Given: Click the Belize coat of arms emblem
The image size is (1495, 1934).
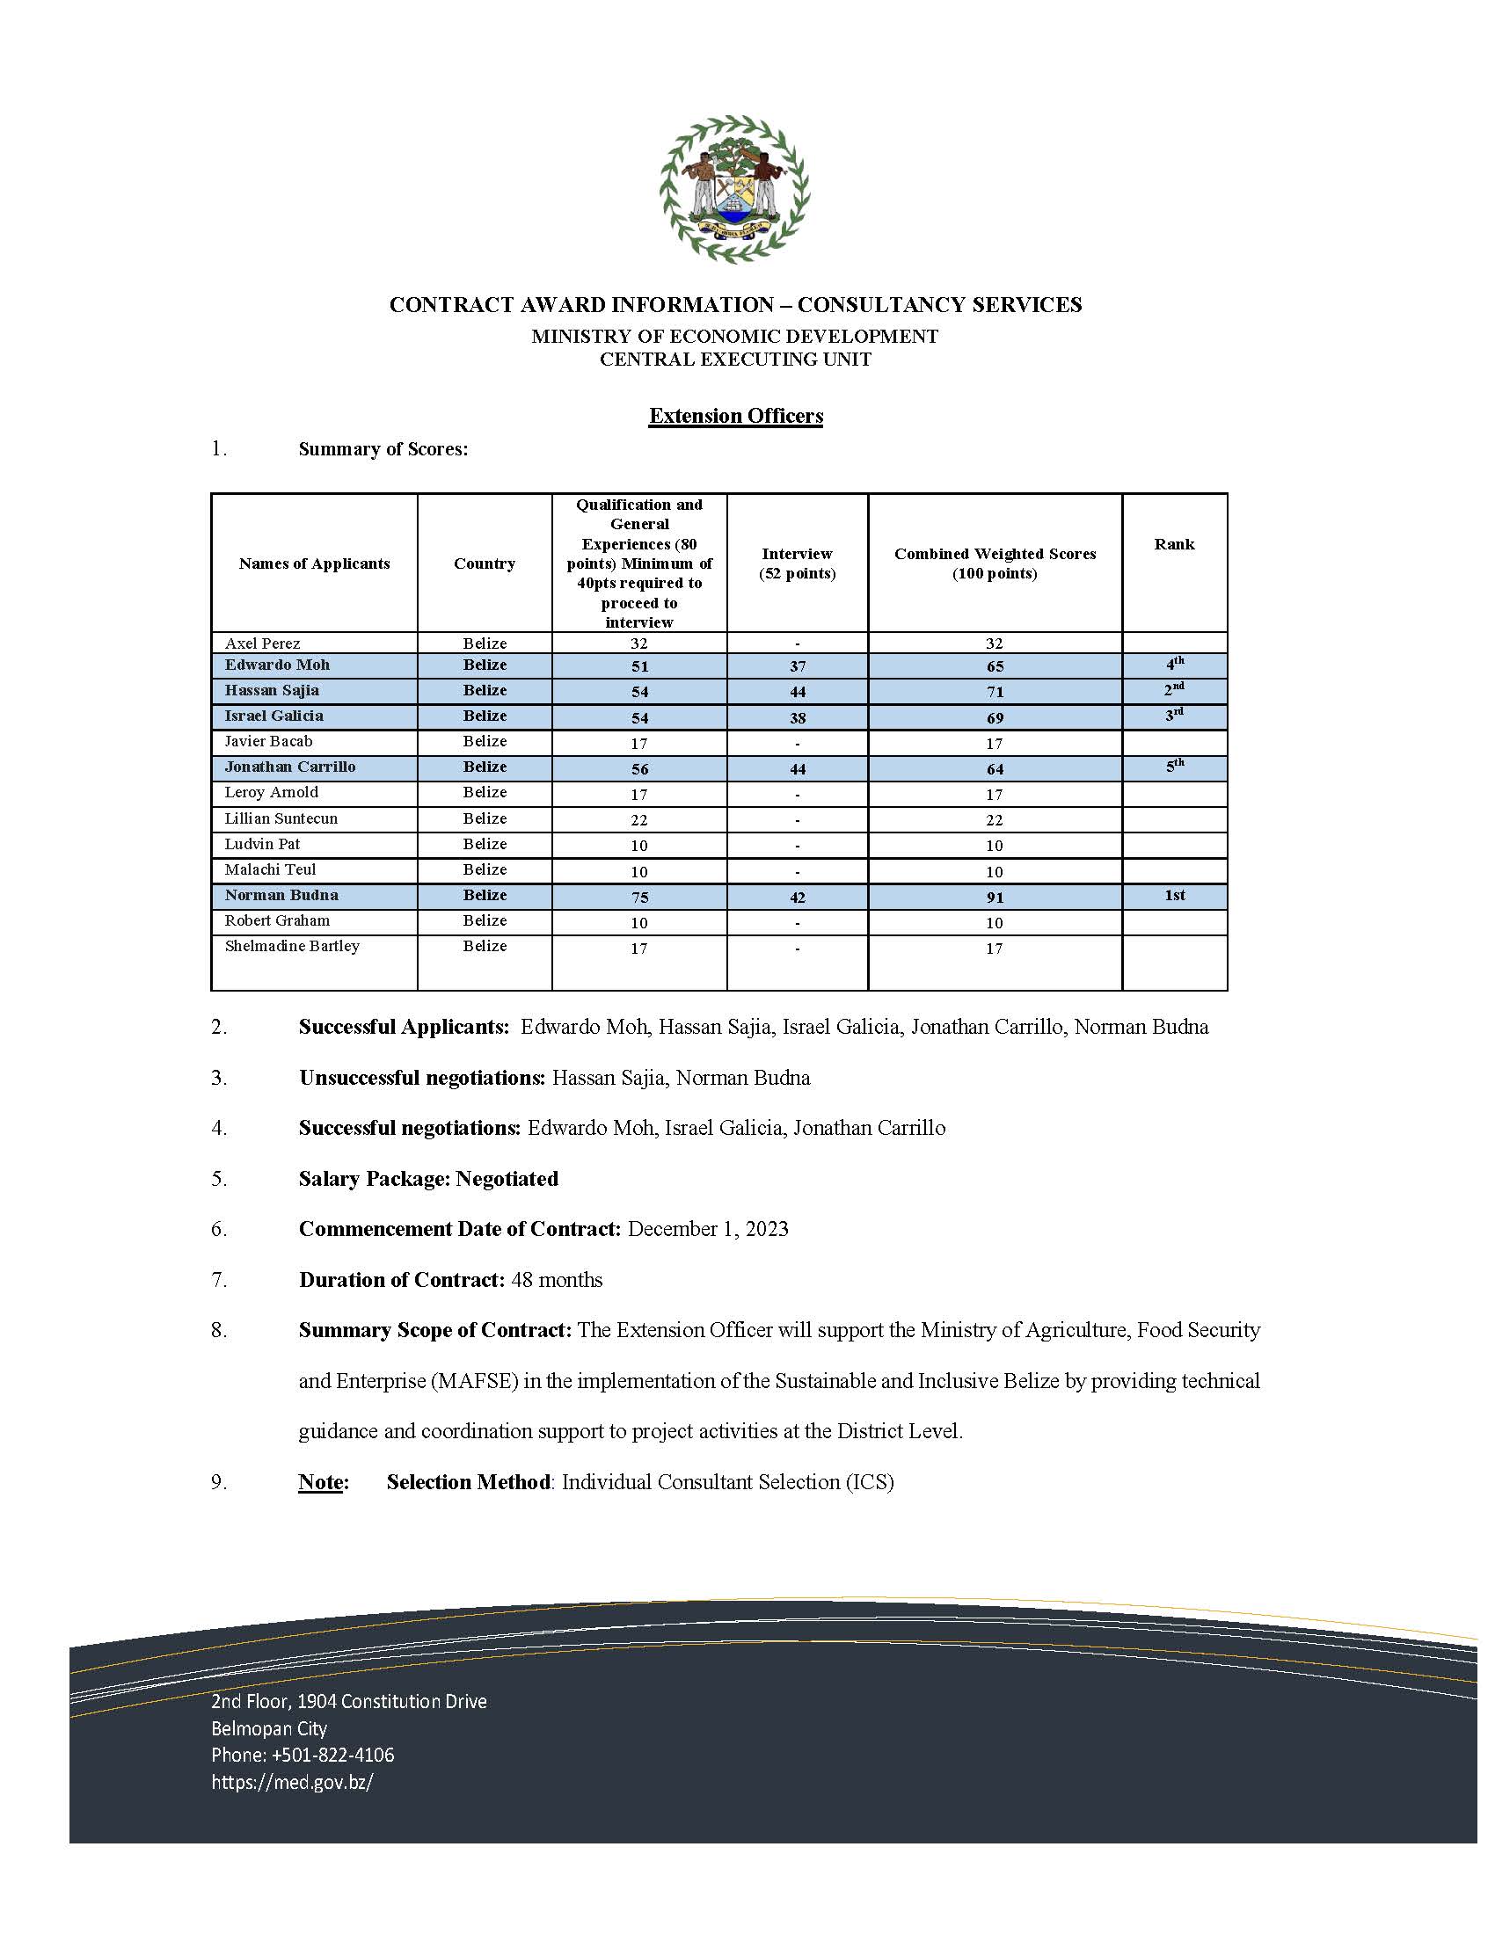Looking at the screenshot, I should [734, 189].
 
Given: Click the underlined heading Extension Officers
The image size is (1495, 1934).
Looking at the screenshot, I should [735, 415].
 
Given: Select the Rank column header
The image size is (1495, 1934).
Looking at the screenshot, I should [1173, 543].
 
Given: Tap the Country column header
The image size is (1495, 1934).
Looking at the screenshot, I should [484, 563].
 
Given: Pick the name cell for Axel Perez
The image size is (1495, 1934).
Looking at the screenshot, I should [262, 643].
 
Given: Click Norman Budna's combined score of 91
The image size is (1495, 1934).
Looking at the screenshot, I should [995, 897].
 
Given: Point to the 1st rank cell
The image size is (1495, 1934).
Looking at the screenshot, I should [1173, 895].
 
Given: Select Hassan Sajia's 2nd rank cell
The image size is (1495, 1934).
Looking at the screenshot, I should [1173, 690].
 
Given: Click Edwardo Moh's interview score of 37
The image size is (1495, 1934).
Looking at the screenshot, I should [797, 666].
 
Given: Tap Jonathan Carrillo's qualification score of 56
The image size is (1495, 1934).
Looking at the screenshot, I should [639, 768].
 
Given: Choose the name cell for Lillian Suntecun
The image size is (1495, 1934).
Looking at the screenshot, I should [281, 818].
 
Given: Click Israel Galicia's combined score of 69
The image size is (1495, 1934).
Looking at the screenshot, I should [995, 717].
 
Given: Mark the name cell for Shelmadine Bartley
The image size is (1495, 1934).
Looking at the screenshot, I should [291, 946].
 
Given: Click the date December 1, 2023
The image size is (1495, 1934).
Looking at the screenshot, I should [708, 1228].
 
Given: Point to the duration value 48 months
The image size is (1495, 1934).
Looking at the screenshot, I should [556, 1280].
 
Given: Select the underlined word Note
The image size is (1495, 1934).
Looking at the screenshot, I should [321, 1481].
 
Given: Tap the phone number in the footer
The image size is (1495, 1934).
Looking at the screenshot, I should [302, 1755].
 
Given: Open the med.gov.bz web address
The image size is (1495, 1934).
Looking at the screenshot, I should [291, 1781].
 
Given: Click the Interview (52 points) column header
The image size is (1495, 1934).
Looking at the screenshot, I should [796, 563].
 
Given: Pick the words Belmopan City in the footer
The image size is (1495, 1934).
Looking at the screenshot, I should [268, 1727].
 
